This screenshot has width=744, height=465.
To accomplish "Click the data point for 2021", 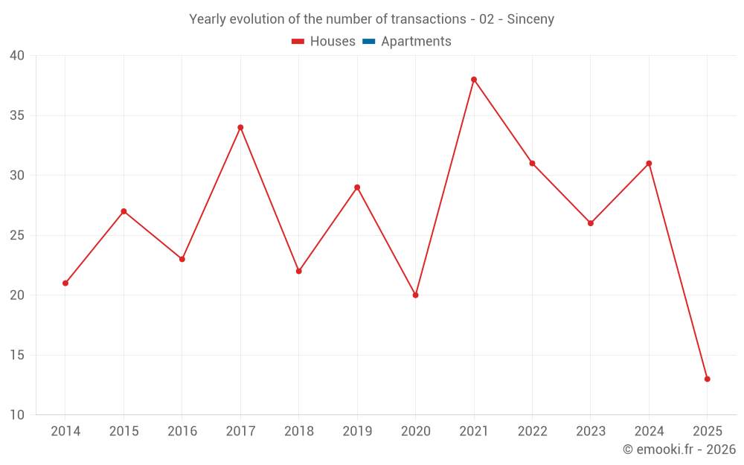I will (474, 80).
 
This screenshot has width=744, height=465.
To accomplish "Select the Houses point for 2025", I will (708, 379).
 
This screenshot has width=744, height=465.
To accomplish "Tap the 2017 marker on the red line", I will (240, 127).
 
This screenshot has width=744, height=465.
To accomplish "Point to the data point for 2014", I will (65, 283).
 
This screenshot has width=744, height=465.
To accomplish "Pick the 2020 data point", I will (416, 295).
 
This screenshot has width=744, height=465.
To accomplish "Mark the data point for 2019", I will (357, 187).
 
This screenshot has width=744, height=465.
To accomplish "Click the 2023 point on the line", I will (591, 223).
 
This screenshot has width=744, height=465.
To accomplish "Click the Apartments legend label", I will (416, 42).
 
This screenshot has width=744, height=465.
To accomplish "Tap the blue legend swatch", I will (369, 42).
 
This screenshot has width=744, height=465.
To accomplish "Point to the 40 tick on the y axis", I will (17, 56).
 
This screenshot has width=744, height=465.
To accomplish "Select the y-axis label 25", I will (17, 236).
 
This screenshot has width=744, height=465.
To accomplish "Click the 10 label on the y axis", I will (17, 415).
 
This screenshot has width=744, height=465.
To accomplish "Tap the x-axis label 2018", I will (299, 432).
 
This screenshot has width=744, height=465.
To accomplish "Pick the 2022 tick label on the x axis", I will (533, 432).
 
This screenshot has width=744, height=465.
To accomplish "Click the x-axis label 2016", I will (182, 432).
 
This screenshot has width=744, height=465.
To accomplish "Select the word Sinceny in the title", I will (530, 19).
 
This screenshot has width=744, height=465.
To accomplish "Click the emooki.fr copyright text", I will (679, 449).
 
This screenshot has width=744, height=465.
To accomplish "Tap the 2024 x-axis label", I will (650, 432).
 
